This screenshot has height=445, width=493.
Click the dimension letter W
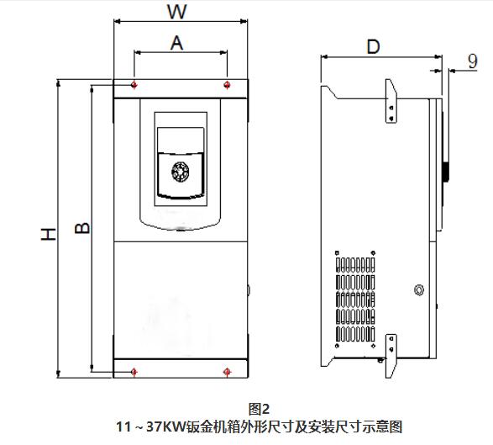pos(177,12)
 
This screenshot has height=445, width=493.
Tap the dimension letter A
pos(176,43)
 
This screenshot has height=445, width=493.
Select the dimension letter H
pos(49,234)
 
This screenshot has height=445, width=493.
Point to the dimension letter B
pos(82,228)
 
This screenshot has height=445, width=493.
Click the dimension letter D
pos(373,47)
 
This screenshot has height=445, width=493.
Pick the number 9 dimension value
pos(473,61)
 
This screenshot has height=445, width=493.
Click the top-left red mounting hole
pos(134,85)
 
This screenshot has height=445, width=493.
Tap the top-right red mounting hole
pos(227,85)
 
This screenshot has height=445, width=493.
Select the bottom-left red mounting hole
pos(134,372)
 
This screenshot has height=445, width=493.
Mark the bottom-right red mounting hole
pos(227,372)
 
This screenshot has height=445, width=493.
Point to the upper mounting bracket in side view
pos(391,101)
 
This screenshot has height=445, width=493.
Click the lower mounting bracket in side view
pos(391,356)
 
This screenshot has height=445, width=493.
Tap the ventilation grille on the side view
pos(355,299)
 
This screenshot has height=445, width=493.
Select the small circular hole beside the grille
pos(419,290)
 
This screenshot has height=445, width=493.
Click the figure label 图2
pos(259,410)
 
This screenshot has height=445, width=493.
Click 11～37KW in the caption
pos(151,427)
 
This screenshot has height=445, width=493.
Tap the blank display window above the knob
pos(181,140)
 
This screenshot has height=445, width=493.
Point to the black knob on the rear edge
pos(445,172)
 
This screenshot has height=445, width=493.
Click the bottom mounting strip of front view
pos(181,368)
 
